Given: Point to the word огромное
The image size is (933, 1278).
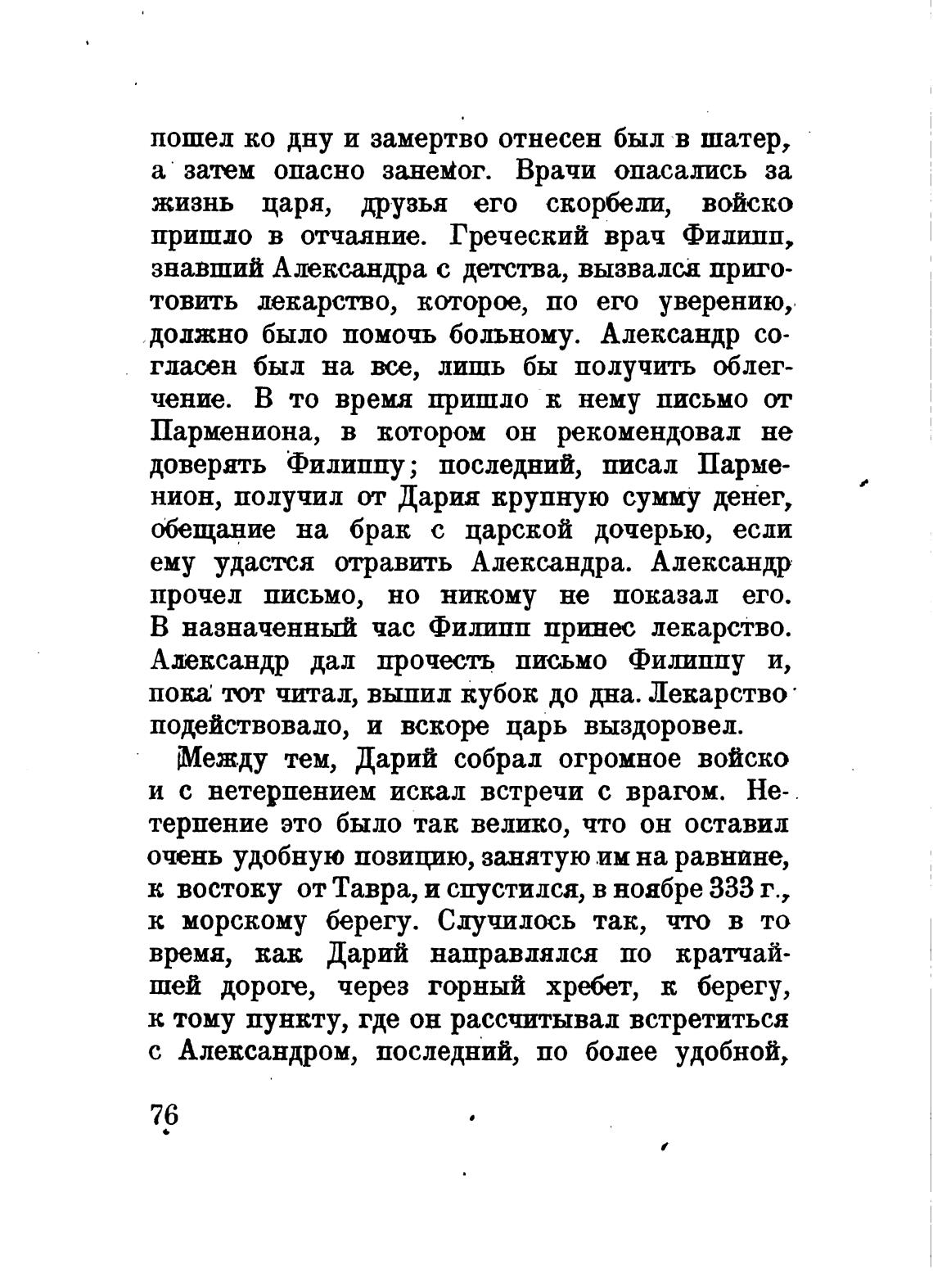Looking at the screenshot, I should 602,759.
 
